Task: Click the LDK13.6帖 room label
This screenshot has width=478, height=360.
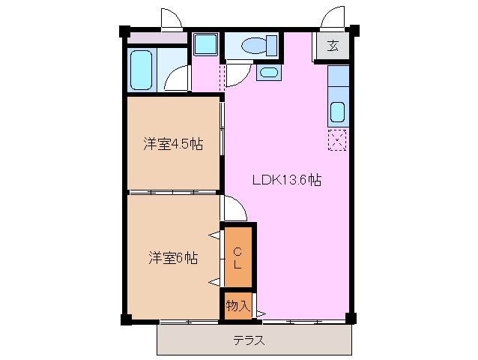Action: (286, 180)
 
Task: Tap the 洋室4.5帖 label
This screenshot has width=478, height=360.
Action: (173, 144)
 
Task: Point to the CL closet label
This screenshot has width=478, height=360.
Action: (237, 257)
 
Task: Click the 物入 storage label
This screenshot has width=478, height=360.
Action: (238, 306)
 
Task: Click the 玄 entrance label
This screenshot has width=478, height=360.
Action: (333, 46)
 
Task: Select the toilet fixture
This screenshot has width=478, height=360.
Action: (252, 46)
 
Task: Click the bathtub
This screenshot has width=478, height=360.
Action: (140, 70)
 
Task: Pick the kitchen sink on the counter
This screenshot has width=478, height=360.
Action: (338, 113)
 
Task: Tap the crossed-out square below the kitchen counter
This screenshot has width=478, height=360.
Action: (338, 139)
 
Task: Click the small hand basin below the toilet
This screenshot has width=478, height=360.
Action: (267, 73)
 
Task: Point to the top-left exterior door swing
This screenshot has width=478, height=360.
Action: (171, 18)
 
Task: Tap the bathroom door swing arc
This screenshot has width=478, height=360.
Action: (177, 79)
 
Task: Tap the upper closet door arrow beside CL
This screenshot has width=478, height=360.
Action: (214, 236)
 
